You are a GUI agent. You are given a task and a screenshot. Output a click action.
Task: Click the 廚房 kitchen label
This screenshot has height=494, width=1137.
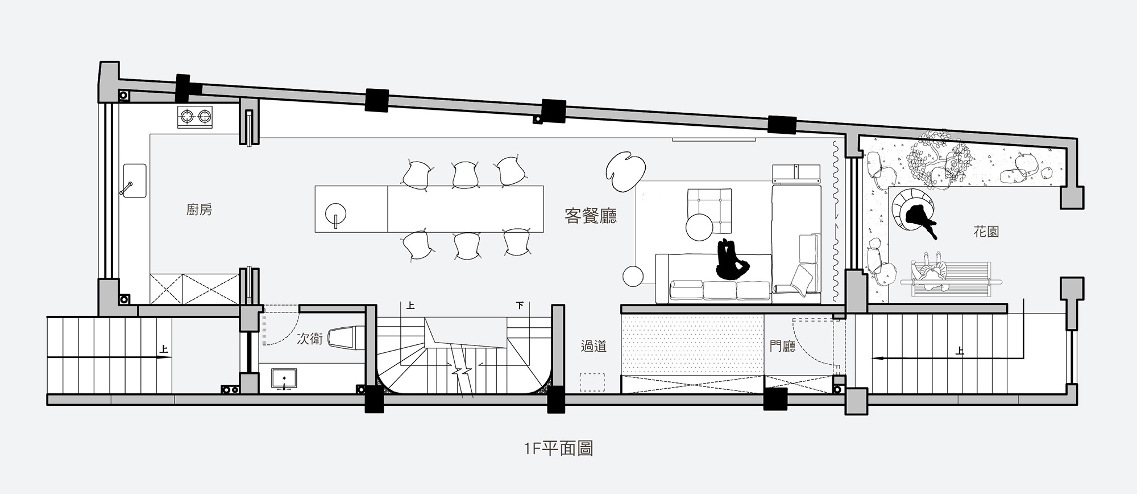pos(199,210)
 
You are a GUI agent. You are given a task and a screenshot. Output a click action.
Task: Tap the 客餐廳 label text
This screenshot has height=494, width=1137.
pos(590,216)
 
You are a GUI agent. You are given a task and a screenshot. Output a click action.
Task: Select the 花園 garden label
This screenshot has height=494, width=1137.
pos(986,232)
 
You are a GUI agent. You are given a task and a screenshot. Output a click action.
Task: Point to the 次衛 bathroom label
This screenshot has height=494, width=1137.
pos(310,339)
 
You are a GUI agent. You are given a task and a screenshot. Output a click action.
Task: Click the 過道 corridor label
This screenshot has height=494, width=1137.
pos(594,345)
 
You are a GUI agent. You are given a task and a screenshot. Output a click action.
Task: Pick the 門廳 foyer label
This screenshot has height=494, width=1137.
pos(782,345)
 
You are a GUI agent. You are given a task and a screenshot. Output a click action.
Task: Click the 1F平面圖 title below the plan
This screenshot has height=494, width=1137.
pos(559,448)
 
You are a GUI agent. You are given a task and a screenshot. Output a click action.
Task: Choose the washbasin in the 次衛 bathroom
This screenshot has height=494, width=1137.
pos(284,380)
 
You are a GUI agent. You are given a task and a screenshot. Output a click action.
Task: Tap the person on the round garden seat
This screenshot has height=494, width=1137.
pos(918,219)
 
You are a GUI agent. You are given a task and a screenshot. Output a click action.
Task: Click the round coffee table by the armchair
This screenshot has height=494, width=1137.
pos(699,227)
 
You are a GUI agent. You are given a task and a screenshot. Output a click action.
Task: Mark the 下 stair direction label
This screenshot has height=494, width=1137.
pos(519,306)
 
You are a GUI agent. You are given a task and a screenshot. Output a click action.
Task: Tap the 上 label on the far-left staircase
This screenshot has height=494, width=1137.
pos(164,349)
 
